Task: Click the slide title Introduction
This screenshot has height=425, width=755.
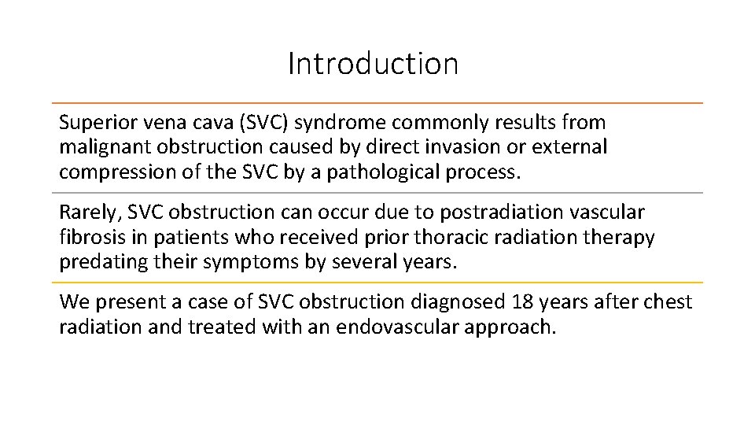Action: point(373,64)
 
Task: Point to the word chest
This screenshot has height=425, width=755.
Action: point(668,302)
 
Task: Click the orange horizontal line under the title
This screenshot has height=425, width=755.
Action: point(377,103)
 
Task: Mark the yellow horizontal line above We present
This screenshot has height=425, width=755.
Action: point(377,283)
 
